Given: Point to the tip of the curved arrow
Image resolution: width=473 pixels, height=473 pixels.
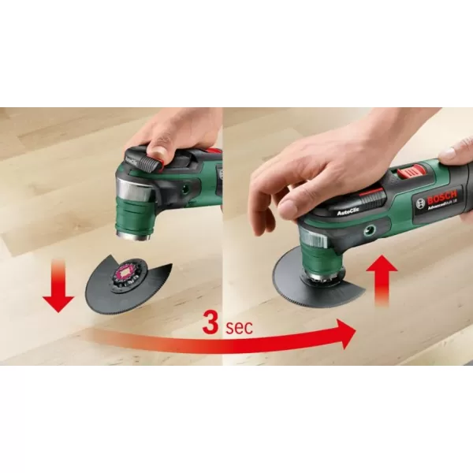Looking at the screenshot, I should [352, 333].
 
